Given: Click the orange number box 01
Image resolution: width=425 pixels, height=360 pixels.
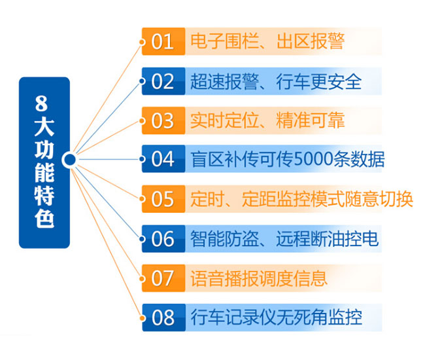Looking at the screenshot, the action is [x=163, y=41].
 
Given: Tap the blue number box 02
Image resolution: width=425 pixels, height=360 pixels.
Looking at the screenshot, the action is [x=163, y=81].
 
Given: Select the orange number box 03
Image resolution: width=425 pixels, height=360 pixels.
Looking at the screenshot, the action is [x=163, y=120].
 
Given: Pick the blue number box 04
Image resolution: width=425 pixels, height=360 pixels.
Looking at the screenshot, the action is [x=163, y=158].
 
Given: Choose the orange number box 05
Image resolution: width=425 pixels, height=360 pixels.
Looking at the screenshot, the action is [x=163, y=199].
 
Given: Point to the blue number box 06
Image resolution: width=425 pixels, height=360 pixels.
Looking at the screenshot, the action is [x=163, y=239].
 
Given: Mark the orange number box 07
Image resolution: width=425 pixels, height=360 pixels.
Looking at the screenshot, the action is [x=163, y=278].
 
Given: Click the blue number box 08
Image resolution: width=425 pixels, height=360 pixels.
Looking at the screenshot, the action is [x=163, y=317].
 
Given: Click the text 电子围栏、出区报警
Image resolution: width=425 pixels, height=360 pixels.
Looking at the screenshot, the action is [x=267, y=41].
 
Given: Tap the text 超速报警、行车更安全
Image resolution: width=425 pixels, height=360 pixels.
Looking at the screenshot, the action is [x=276, y=81].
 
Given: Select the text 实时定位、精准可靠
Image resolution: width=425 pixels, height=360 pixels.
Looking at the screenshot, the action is [x=267, y=120].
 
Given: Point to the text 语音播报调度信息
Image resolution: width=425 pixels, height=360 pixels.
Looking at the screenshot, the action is [x=259, y=278].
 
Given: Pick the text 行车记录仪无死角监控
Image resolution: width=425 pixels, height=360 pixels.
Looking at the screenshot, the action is [x=276, y=317].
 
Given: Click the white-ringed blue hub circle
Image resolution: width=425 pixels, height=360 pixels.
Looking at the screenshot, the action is [x=70, y=160].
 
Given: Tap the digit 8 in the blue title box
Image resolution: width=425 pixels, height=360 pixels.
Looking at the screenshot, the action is [x=41, y=103].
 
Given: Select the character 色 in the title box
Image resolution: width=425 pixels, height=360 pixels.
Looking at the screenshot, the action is [x=44, y=218].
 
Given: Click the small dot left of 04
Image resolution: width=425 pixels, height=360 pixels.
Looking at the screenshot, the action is [x=142, y=159].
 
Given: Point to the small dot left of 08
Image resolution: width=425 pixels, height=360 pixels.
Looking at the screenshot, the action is [x=142, y=317].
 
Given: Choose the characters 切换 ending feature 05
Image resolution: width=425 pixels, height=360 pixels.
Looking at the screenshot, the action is [x=396, y=199].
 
